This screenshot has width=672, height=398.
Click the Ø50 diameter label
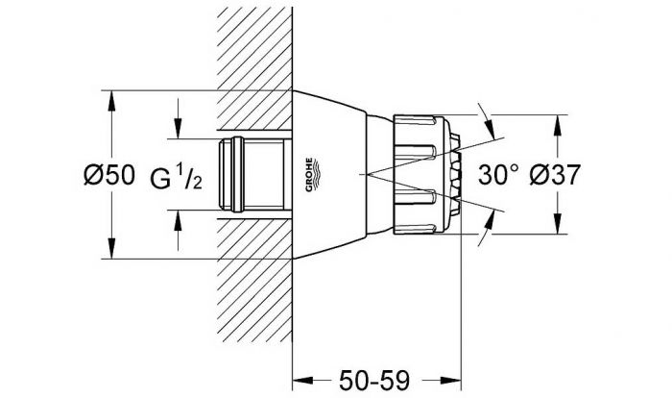pyautogui.click(x=108, y=176)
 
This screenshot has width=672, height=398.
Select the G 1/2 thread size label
pyautogui.click(x=176, y=177)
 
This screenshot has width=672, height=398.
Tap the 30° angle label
pyautogui.click(x=498, y=175)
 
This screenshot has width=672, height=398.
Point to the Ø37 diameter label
pyautogui.click(x=555, y=175)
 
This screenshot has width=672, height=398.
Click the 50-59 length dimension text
pyautogui.click(x=374, y=381)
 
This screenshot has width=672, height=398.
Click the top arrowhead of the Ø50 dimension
pyautogui.click(x=111, y=100)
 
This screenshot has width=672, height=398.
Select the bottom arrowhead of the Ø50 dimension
pyautogui.click(x=111, y=249)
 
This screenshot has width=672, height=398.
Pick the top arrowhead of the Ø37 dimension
pyautogui.click(x=558, y=125)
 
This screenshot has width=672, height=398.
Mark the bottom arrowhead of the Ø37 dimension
pyautogui.click(x=558, y=225)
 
